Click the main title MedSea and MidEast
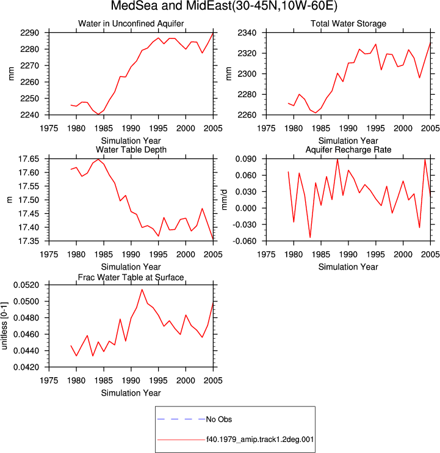pyautogui.click(x=224, y=6)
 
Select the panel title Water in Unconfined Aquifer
pyautogui.click(x=131, y=23)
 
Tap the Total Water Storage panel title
pyautogui.click(x=348, y=23)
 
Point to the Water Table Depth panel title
pyautogui.click(x=131, y=150)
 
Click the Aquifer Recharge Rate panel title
pyautogui.click(x=348, y=150)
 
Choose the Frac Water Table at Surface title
pyautogui.click(x=131, y=278)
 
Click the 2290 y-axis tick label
pyautogui.click(x=29, y=33)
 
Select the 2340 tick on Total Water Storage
pyautogui.click(x=247, y=33)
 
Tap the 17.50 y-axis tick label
pyautogui.click(x=29, y=200)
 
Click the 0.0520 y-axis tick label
pyautogui.click(x=26, y=285)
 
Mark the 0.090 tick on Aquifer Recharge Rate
pyautogui.click(x=246, y=159)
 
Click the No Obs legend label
pyautogui.click(x=219, y=419)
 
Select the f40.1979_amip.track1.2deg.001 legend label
pyautogui.click(x=260, y=440)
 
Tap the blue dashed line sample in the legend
pyautogui.click(x=181, y=419)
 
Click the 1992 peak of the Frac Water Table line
pyautogui.click(x=142, y=290)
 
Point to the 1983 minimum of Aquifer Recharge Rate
pyautogui.click(x=310, y=237)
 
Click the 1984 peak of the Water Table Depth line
pyautogui.click(x=98, y=159)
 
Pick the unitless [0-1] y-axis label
pyautogui.click(x=4, y=326)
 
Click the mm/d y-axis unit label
pyautogui.click(x=225, y=200)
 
